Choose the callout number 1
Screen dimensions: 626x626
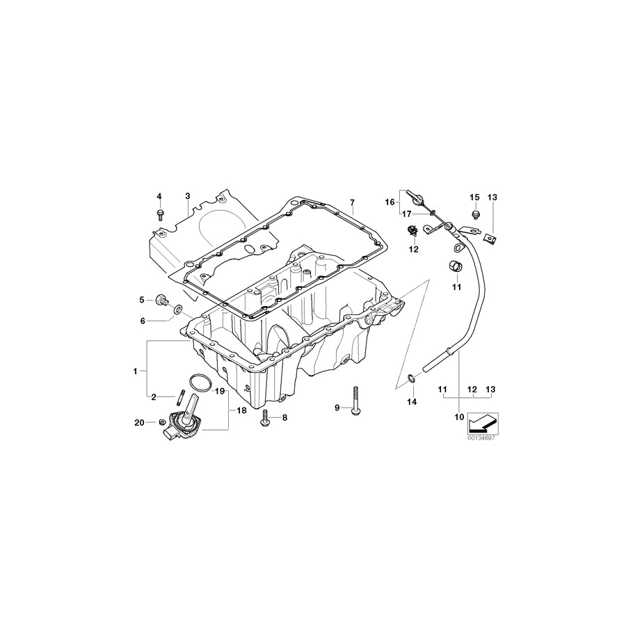(x=136, y=371)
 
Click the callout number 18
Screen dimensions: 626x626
(x=241, y=411)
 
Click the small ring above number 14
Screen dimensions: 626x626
(x=411, y=378)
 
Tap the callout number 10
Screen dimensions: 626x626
(x=458, y=417)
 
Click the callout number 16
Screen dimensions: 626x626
(x=390, y=202)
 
